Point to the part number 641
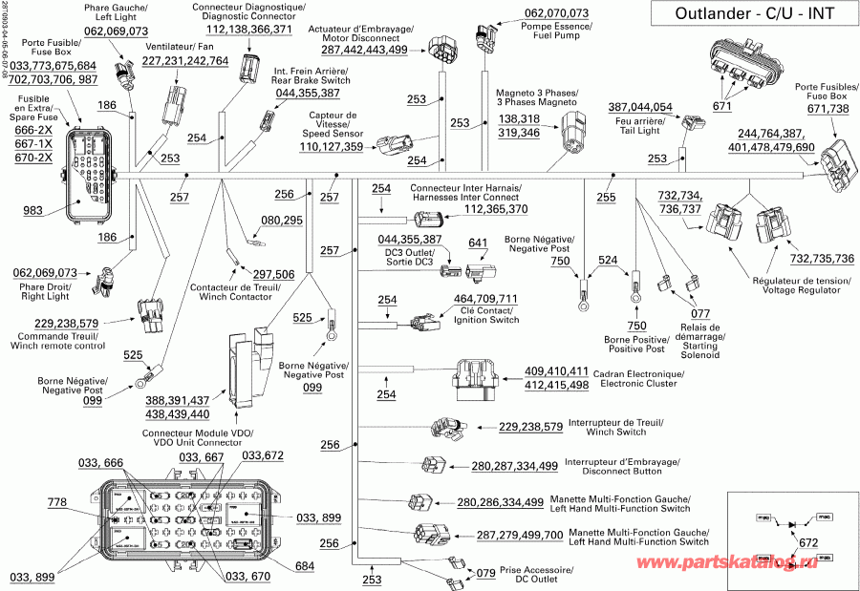click(478, 243)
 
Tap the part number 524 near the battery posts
click(608, 259)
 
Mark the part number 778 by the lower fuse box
click(57, 502)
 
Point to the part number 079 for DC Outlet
click(485, 573)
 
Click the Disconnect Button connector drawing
click(434, 465)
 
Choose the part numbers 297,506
click(272, 274)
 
